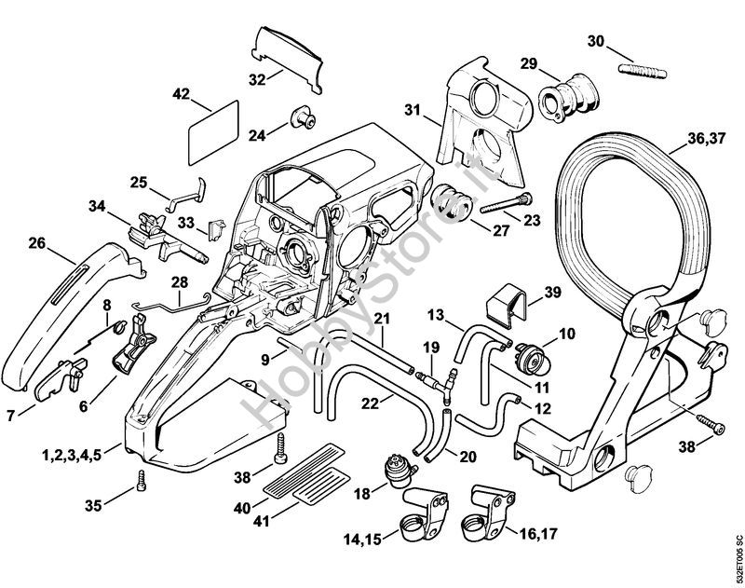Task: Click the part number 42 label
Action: click(181, 93)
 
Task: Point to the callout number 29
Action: click(528, 64)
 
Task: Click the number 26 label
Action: click(37, 243)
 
